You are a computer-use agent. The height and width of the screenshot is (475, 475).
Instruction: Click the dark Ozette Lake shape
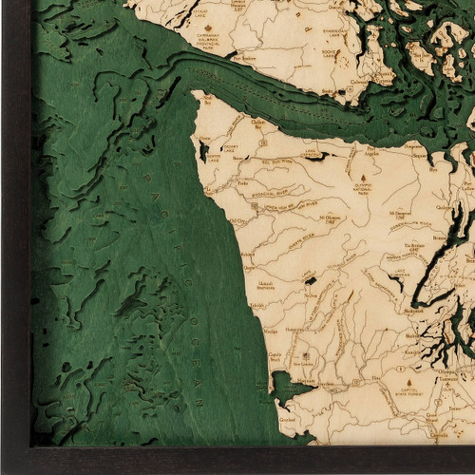(203, 149)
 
